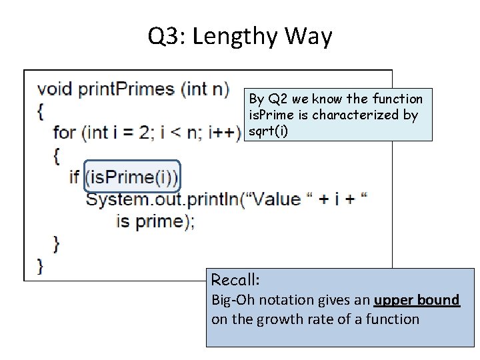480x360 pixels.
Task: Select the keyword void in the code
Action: click(x=55, y=89)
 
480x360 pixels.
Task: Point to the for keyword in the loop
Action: click(x=64, y=132)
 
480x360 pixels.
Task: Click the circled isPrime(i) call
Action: click(x=132, y=177)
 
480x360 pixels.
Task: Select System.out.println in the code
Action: click(x=161, y=199)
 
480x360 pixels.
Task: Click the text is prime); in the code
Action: click(x=155, y=221)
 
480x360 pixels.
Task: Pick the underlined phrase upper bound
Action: click(x=417, y=300)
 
